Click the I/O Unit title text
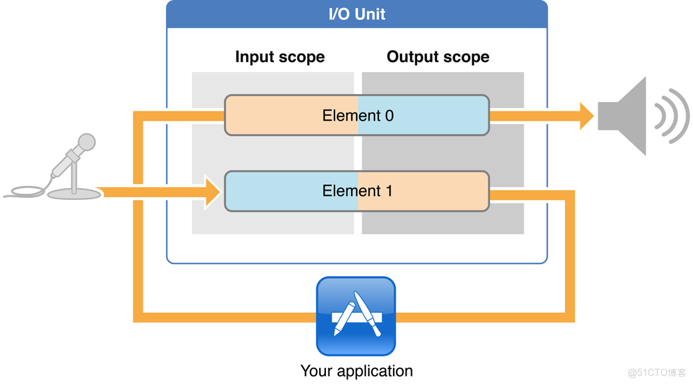(x=356, y=14)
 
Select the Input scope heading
(x=280, y=57)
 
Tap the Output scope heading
(x=438, y=57)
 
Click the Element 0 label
(x=358, y=115)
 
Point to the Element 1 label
(x=358, y=191)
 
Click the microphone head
(x=86, y=142)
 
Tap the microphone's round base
(x=73, y=193)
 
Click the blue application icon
(x=356, y=317)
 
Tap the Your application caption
(x=356, y=371)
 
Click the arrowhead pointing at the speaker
(x=586, y=116)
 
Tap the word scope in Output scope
(x=466, y=57)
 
